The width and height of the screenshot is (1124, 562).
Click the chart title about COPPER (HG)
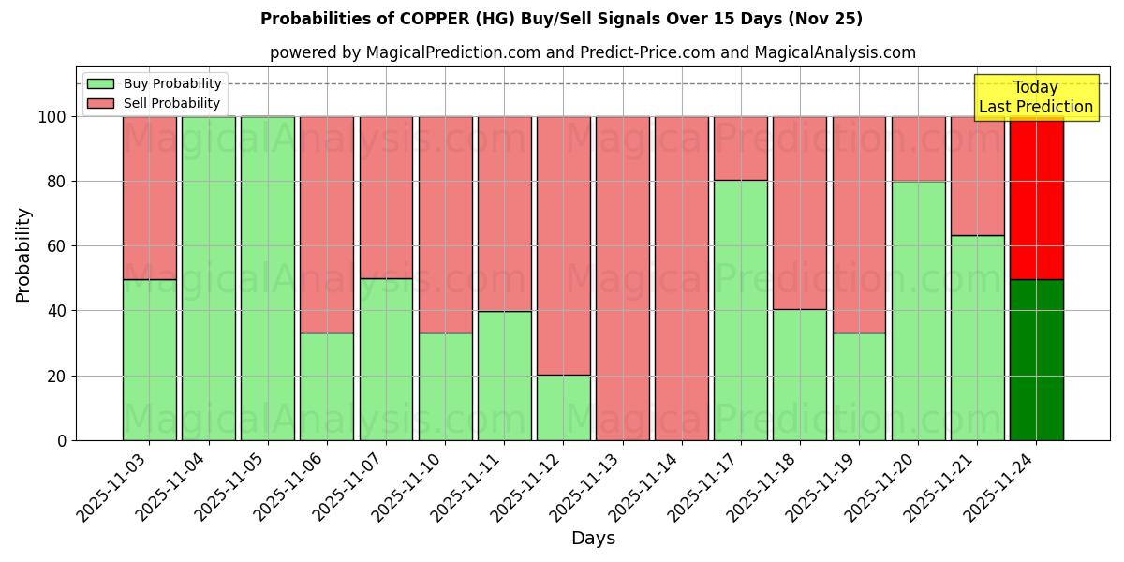(x=561, y=19)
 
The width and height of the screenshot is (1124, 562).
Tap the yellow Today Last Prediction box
(x=1035, y=97)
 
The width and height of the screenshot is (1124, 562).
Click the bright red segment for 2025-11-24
(x=1036, y=198)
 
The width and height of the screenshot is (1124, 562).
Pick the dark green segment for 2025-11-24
(x=1036, y=360)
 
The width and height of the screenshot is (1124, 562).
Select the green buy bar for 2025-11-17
(x=740, y=310)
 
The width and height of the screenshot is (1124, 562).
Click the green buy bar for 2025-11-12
(x=563, y=407)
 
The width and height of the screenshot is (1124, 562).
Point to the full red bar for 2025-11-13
(x=622, y=278)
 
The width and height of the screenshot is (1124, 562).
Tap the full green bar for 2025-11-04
(x=208, y=278)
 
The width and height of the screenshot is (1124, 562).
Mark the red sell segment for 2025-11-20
(x=918, y=149)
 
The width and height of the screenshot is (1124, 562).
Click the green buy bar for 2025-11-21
(x=977, y=337)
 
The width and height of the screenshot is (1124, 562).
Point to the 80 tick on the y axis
(x=58, y=182)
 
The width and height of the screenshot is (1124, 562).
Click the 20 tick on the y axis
(x=58, y=376)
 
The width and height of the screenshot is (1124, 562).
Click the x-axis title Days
(x=593, y=539)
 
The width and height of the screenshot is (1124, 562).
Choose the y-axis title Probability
(x=23, y=254)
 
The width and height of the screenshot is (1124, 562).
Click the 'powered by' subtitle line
(x=592, y=52)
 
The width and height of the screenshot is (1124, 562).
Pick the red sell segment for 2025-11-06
(x=327, y=225)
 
